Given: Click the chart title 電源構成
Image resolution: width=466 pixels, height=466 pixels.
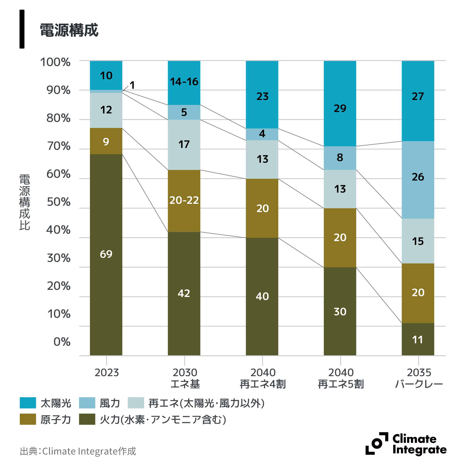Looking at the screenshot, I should [x=69, y=30].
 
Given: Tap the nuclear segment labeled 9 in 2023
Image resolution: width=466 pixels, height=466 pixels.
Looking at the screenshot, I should [x=106, y=141].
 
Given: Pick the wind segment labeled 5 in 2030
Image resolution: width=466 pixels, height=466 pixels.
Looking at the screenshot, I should [x=184, y=112].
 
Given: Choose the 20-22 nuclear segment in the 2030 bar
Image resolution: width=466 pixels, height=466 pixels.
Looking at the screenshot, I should [x=184, y=201].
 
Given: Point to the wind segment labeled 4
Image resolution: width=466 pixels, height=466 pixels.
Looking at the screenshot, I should [x=262, y=134].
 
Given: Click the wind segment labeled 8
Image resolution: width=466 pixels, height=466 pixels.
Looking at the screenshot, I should [x=340, y=158].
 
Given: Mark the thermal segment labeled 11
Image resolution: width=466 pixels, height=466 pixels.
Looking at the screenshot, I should [x=418, y=339].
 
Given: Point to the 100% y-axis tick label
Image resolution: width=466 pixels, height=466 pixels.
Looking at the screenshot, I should [x=55, y=62].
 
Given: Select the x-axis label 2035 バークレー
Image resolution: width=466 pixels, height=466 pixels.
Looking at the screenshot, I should [x=419, y=378].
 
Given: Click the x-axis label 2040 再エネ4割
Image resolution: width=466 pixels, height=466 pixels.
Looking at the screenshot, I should [x=263, y=378].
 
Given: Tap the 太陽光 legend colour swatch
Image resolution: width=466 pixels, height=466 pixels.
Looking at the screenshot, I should [x=28, y=403].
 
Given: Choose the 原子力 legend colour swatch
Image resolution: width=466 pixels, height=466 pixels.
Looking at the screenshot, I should [x=28, y=419].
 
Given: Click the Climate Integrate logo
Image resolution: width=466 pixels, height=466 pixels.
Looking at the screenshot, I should [x=406, y=444].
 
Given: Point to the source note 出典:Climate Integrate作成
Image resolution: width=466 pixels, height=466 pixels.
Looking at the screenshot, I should [x=78, y=451].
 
